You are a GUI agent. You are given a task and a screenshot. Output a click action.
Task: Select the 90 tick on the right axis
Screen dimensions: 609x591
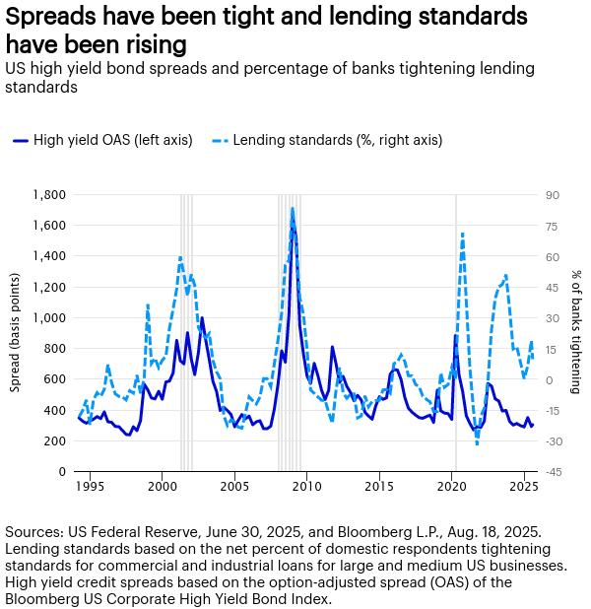click(x=553, y=195)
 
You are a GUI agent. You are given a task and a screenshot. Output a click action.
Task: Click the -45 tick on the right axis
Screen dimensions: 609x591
click(x=554, y=471)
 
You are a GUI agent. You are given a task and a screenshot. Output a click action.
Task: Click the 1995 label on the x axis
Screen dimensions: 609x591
click(x=90, y=487)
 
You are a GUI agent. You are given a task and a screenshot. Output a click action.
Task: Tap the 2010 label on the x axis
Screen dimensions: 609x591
click(x=307, y=487)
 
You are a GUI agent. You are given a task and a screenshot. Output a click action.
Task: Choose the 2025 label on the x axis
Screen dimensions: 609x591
click(x=525, y=487)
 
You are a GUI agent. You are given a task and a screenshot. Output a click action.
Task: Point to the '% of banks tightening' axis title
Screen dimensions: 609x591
click(x=576, y=333)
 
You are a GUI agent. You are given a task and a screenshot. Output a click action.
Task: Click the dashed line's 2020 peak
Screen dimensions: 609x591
click(x=463, y=234)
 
